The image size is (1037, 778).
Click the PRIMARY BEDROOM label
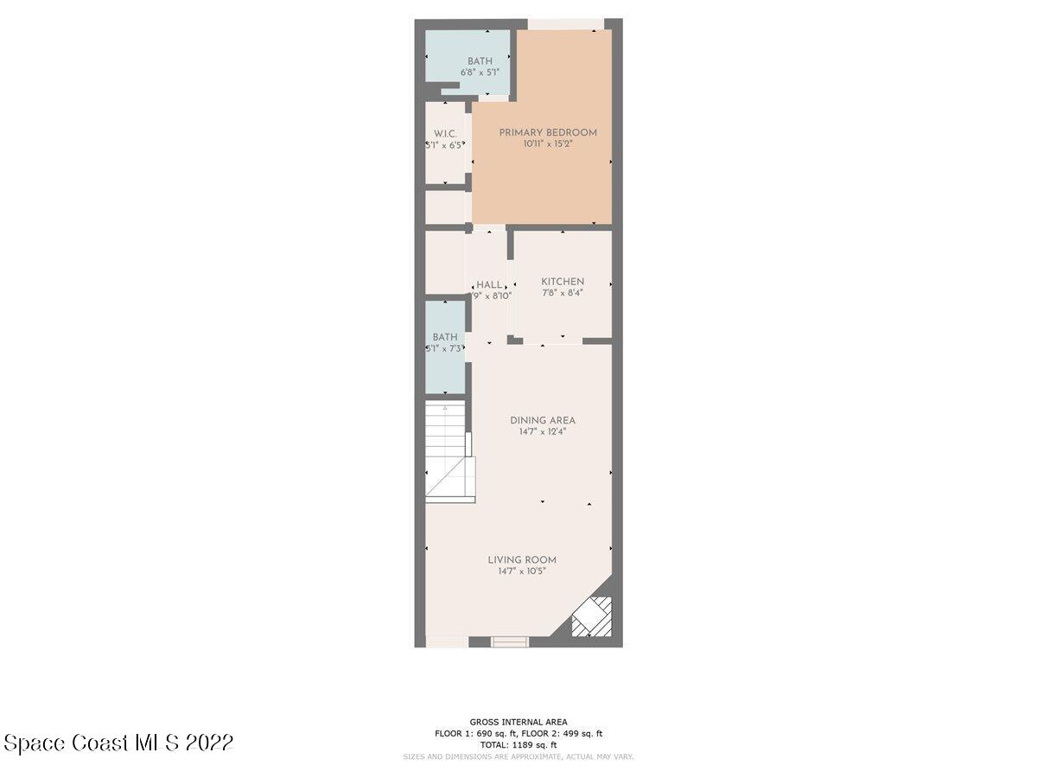[548, 132]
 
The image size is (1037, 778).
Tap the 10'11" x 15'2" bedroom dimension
[548, 144]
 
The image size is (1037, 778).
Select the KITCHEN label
[563, 281]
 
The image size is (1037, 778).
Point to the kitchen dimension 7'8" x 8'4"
[563, 293]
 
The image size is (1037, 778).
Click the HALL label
[489, 284]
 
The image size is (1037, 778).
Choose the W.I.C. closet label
[444, 133]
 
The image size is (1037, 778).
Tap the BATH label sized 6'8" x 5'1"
[480, 61]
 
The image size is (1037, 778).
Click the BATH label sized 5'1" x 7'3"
[445, 337]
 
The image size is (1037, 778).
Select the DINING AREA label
[542, 420]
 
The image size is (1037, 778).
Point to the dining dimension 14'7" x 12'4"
[542, 432]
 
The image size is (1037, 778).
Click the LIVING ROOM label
[522, 559]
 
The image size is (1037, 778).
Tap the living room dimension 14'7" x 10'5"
[522, 571]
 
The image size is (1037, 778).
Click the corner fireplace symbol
[593, 617]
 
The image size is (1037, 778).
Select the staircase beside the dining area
[448, 450]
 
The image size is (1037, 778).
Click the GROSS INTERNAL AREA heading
[518, 722]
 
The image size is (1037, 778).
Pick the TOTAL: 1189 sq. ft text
[518, 744]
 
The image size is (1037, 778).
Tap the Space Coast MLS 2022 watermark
[118, 743]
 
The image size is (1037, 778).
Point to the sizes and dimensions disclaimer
[518, 756]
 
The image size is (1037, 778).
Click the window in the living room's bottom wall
[509, 641]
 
